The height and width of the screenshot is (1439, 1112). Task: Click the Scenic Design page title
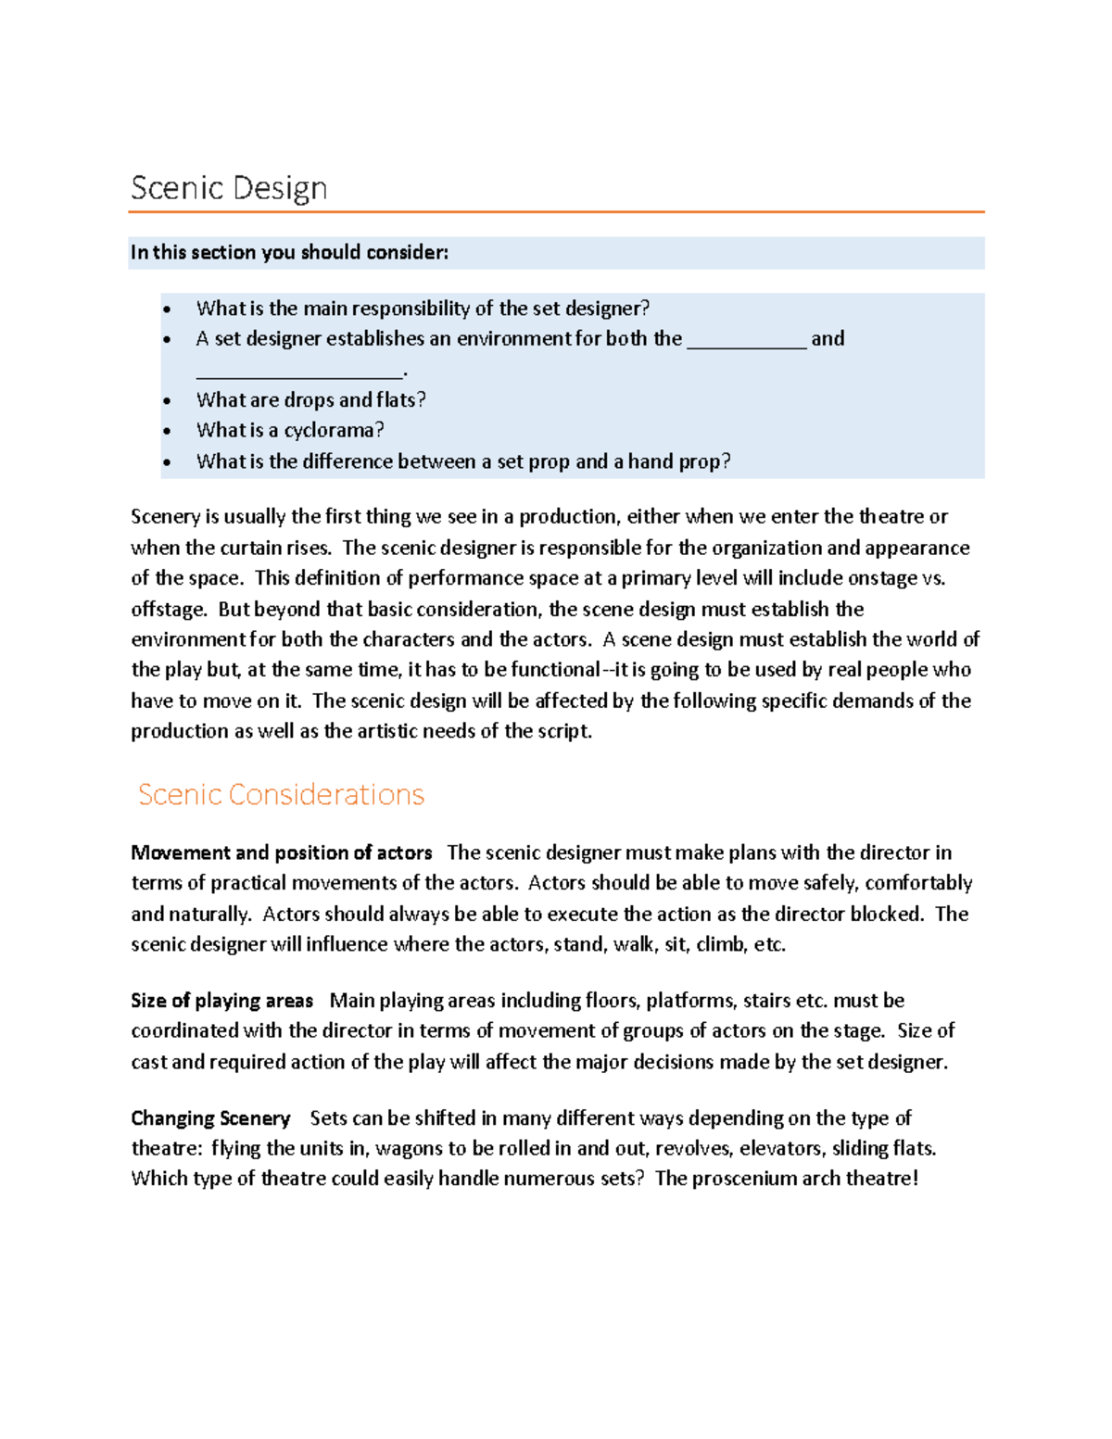point(229,188)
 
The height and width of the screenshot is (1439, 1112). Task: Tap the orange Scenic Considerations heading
point(281,794)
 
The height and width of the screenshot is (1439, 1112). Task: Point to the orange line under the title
point(556,212)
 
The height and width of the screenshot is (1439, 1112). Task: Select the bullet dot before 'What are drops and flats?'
point(167,401)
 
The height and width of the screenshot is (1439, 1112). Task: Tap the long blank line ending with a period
point(300,374)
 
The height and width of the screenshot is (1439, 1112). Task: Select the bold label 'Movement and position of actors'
point(282,852)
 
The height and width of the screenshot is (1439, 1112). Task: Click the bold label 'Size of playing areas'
point(221,1001)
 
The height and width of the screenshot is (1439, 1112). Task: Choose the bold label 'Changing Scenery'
point(210,1118)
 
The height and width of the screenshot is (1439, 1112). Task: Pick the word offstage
point(168,610)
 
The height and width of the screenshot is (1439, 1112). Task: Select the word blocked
point(885,914)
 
